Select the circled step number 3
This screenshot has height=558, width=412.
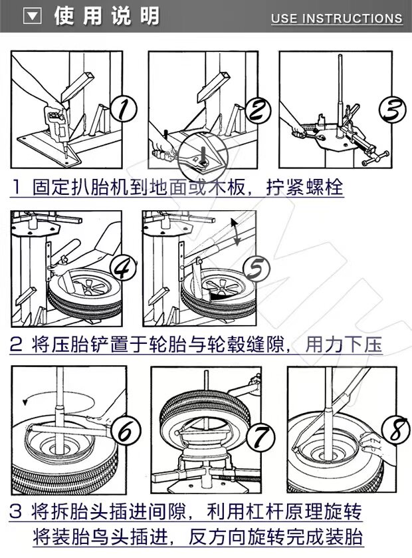click(x=393, y=107)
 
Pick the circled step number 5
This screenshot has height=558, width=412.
click(x=255, y=268)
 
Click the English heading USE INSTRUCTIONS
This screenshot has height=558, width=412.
click(x=336, y=19)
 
